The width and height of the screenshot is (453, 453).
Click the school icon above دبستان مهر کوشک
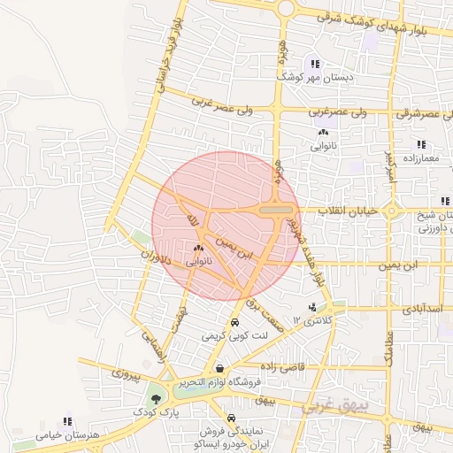[x=315, y=63]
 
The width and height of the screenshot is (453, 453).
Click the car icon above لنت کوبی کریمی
[x=234, y=323]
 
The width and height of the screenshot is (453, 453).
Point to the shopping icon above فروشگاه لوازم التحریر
[x=219, y=369]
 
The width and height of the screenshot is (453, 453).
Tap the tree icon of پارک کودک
[x=157, y=399]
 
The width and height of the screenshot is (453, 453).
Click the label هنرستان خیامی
[x=65, y=435]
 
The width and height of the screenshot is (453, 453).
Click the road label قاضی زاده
[x=283, y=365]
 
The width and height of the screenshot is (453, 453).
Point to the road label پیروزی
[x=126, y=375]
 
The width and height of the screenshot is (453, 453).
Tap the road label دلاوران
[x=153, y=266]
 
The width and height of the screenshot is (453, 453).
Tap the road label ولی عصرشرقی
[x=417, y=113]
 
